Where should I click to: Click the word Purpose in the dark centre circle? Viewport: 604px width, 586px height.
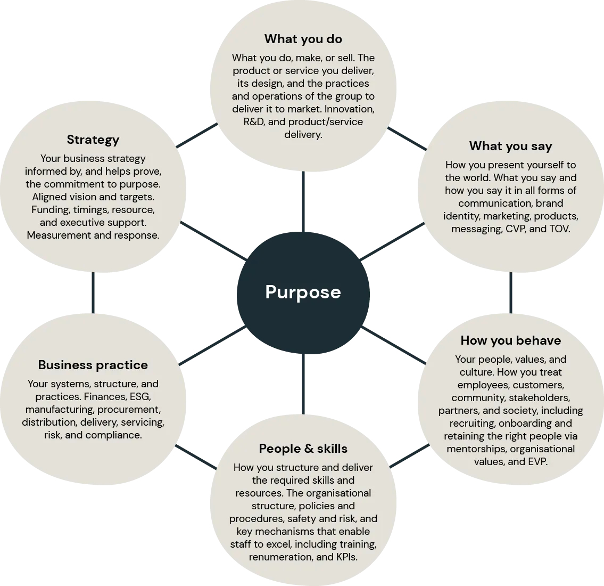pyautogui.click(x=303, y=292)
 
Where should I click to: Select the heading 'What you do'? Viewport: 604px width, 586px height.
pyautogui.click(x=303, y=39)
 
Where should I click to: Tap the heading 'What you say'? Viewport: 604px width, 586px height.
pyautogui.click(x=510, y=146)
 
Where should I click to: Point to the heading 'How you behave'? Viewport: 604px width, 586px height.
pyautogui.click(x=510, y=340)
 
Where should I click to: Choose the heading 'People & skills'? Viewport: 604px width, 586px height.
pyautogui.click(x=303, y=449)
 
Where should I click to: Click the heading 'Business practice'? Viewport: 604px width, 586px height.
pyautogui.click(x=93, y=365)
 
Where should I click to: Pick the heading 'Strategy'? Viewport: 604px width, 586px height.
pyautogui.click(x=93, y=140)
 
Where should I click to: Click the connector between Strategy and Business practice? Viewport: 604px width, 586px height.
pyautogui.click(x=94, y=292)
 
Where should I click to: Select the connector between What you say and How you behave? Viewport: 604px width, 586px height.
pyautogui.click(x=511, y=292)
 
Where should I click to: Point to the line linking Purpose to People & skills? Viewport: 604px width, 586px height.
pyautogui.click(x=302, y=384)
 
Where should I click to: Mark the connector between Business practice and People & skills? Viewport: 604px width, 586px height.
pyautogui.click(x=195, y=457)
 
